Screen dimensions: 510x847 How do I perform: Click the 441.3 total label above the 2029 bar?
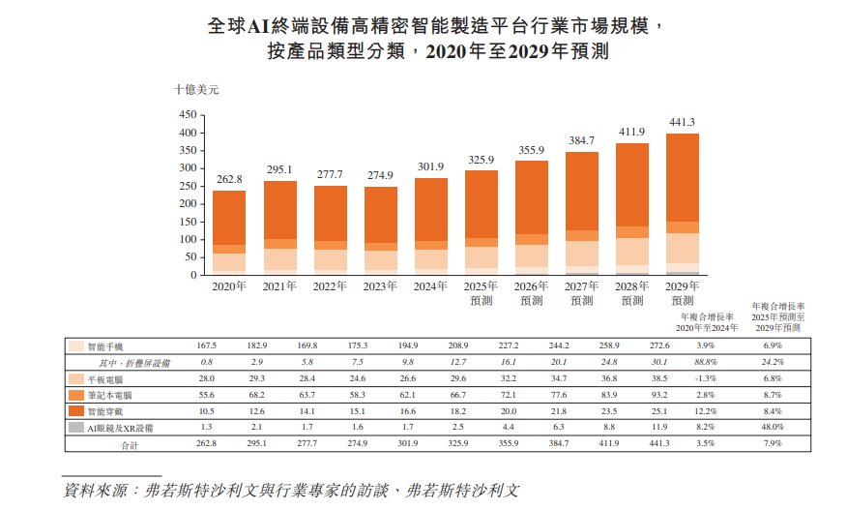tap(683, 122)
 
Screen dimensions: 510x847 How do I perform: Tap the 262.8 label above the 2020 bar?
tap(228, 180)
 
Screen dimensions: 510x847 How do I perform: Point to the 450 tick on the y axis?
tap(188, 114)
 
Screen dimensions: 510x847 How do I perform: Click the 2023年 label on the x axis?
tap(380, 287)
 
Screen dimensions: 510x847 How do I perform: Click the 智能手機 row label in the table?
tap(104, 345)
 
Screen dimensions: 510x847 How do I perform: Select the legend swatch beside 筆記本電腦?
tap(74, 396)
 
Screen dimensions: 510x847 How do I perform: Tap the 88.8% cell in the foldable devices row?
tap(703, 362)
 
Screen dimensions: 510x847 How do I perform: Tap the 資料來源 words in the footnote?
tap(101, 489)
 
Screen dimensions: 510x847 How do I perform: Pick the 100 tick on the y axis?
tap(188, 239)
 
